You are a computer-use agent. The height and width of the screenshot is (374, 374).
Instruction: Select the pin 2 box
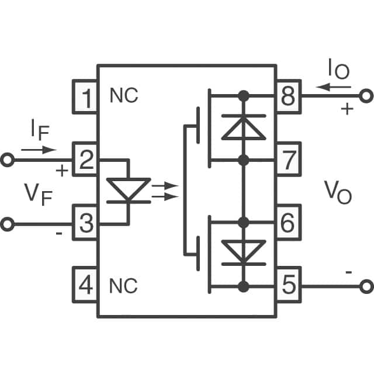point(85,159)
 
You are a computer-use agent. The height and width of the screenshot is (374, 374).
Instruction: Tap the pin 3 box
point(85,223)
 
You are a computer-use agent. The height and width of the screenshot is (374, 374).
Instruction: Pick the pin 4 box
point(85,285)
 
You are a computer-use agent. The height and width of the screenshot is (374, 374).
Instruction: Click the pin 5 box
point(288,285)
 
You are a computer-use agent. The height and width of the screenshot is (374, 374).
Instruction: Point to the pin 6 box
point(288,223)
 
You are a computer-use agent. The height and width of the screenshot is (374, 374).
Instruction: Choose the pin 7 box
point(288,159)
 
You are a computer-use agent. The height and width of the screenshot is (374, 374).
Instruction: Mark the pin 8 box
point(288,96)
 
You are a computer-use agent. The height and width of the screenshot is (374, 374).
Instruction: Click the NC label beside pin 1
point(124,96)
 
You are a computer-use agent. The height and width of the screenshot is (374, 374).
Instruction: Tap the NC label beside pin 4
point(124,286)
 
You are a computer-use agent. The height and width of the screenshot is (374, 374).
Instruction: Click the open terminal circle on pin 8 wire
point(366,96)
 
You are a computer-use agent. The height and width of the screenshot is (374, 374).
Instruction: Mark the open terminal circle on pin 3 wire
point(7,223)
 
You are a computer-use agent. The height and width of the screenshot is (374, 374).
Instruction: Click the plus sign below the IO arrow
point(347,109)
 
